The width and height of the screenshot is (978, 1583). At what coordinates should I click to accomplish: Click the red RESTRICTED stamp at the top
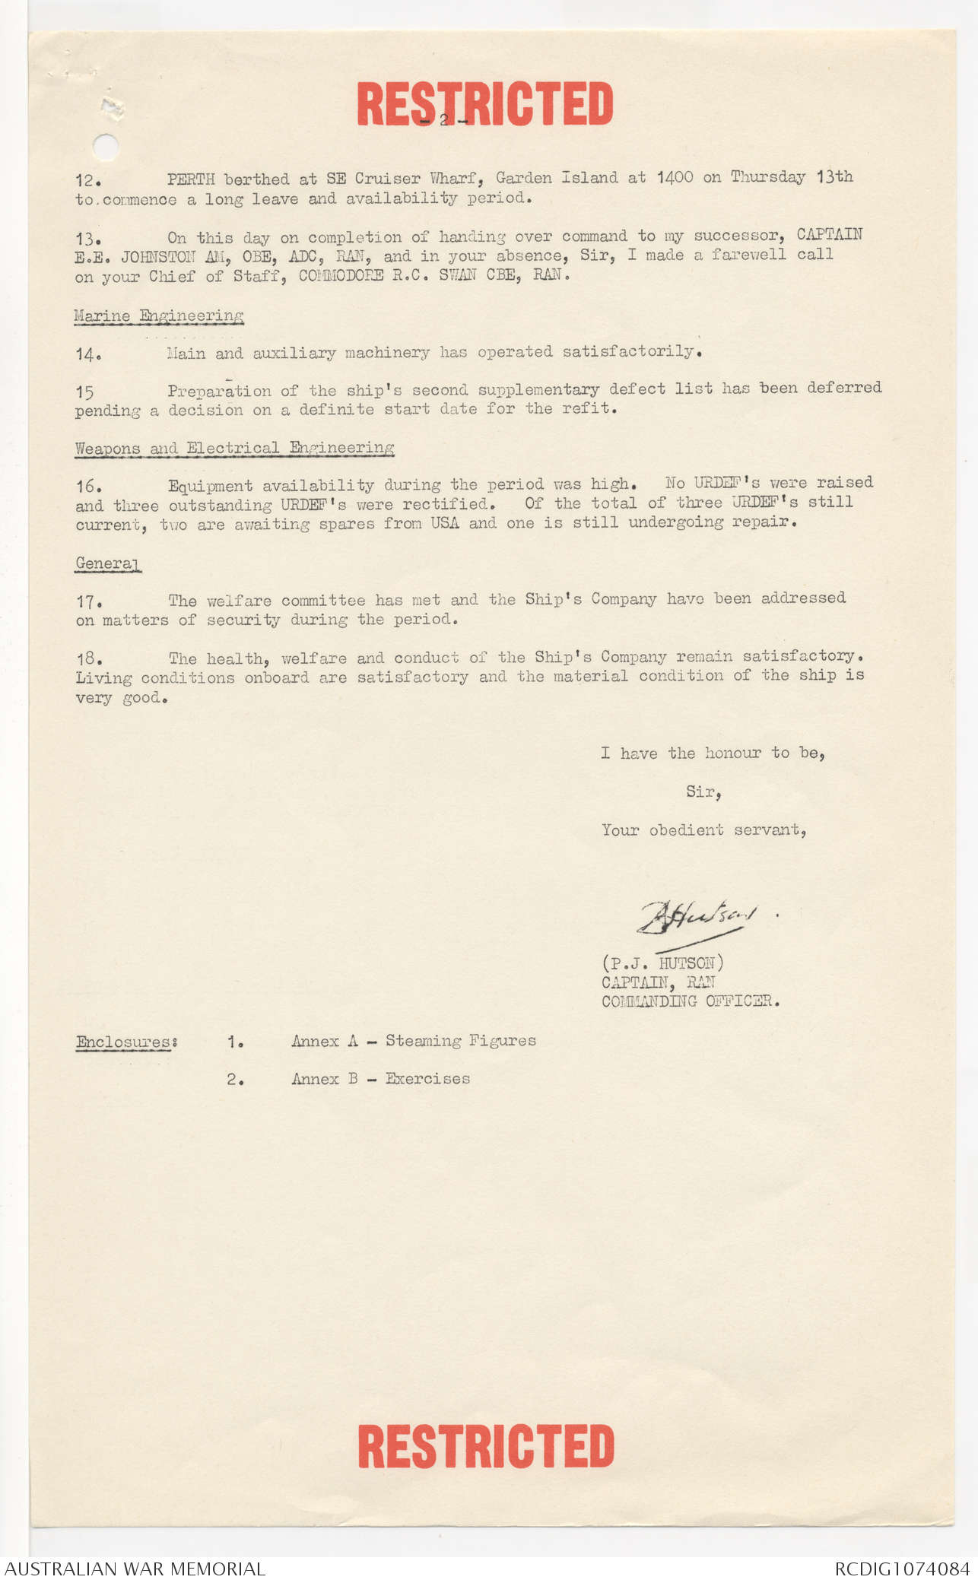(484, 104)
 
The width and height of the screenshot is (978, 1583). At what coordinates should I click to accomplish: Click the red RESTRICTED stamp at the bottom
(486, 1446)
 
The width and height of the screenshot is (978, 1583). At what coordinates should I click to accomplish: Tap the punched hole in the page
(105, 146)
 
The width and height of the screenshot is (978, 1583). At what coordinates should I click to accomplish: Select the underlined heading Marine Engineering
(158, 316)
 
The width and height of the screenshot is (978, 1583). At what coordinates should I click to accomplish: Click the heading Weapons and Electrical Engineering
(234, 448)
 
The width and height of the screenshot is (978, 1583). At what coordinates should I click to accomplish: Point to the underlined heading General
(107, 563)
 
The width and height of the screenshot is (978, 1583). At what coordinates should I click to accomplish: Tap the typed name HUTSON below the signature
(686, 963)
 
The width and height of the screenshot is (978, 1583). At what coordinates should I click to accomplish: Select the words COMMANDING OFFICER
(690, 1001)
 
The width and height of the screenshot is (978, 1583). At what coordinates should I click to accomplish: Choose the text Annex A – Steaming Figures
(413, 1041)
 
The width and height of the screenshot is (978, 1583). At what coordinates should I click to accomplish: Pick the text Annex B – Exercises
(380, 1079)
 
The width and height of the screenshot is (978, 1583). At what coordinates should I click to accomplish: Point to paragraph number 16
(88, 486)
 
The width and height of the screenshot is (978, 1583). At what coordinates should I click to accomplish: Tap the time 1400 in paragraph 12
(675, 178)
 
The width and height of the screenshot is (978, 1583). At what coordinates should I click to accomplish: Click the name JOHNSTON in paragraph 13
(157, 257)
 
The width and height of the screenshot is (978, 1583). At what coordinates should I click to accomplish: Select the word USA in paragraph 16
(444, 523)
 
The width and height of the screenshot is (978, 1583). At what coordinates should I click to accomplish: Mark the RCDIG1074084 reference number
(902, 1569)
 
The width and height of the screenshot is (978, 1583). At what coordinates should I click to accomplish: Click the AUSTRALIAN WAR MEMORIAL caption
(135, 1569)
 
